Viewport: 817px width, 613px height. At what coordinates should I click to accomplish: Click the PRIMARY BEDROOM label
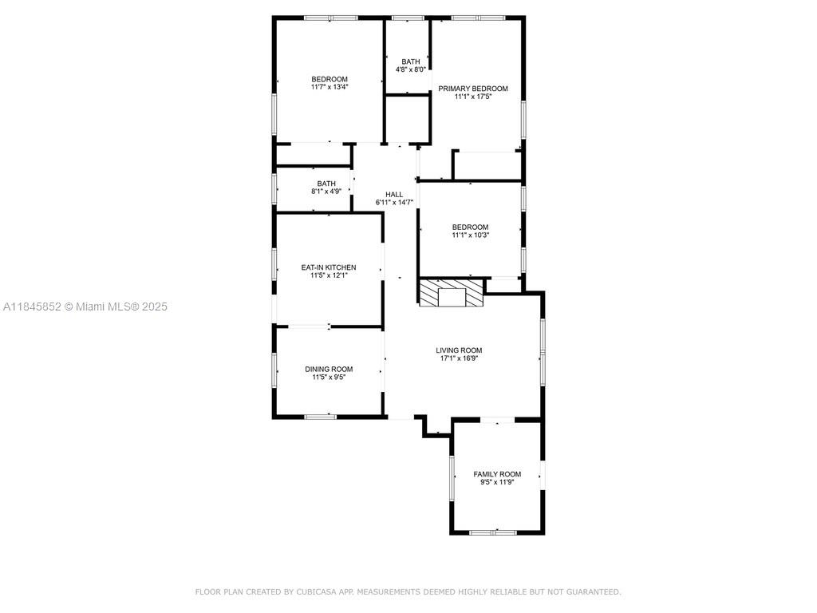tap(472, 89)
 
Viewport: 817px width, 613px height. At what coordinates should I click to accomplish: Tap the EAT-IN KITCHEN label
tap(329, 267)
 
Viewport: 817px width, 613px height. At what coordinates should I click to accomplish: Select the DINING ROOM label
tap(329, 369)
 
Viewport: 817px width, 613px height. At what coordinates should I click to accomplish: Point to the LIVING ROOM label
tap(459, 350)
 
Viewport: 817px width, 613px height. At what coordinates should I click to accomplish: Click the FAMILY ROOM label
tap(497, 474)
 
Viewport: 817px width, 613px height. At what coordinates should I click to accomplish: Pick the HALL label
tap(394, 195)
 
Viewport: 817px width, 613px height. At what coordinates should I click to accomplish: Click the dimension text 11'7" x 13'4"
tap(330, 87)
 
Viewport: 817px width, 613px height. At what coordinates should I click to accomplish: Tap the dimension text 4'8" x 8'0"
tap(411, 69)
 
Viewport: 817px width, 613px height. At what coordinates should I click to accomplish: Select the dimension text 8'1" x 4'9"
tap(326, 192)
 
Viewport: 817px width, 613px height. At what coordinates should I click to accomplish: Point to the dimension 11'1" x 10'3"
tap(470, 235)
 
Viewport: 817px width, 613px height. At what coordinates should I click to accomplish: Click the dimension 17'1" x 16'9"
tap(459, 358)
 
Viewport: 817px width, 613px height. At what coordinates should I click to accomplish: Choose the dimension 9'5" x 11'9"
tap(497, 482)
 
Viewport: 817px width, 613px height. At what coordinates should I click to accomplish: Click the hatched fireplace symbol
tap(452, 293)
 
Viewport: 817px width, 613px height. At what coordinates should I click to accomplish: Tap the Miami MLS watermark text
tap(85, 306)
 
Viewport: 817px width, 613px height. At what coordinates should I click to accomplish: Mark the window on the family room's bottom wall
tap(493, 532)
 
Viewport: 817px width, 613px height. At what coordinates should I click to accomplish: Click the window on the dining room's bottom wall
tap(320, 417)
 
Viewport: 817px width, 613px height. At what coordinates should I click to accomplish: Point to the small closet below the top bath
tap(407, 119)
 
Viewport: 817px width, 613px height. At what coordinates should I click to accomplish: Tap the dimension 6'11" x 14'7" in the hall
tap(394, 202)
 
